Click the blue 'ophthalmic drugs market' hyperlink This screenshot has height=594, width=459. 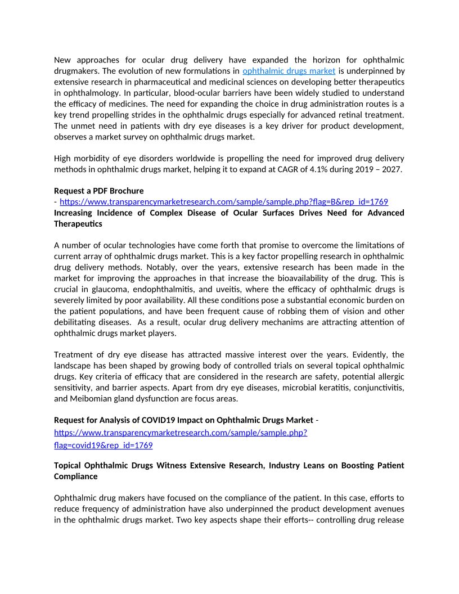coord(289,71)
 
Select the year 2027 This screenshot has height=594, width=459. coord(391,169)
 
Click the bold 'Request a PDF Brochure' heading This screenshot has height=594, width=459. coord(99,191)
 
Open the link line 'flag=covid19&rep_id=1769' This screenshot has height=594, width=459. coord(103,445)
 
